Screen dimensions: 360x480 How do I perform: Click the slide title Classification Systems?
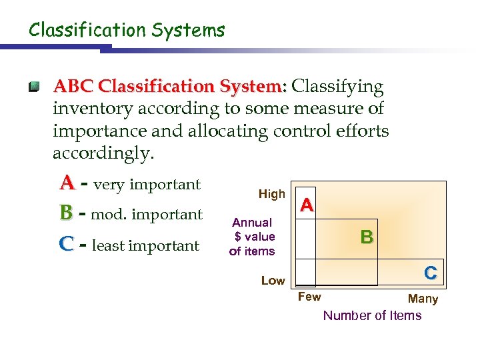(127, 30)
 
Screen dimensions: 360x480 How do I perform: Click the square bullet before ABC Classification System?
(34, 87)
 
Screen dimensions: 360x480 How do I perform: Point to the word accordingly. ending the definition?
(103, 153)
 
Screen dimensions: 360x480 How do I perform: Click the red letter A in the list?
(67, 183)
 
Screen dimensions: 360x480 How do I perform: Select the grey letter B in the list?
(66, 213)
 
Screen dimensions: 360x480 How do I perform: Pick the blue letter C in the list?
(66, 245)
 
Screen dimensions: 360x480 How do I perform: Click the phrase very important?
(147, 185)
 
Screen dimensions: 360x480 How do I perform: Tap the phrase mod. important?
(147, 215)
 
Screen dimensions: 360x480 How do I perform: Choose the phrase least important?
(145, 246)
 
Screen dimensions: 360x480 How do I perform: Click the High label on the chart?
(271, 194)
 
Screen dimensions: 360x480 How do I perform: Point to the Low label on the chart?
(273, 281)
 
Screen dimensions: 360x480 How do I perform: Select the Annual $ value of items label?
(252, 237)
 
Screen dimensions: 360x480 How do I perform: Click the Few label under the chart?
(309, 297)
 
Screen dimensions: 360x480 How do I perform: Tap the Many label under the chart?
(423, 299)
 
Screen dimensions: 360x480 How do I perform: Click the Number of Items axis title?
(372, 315)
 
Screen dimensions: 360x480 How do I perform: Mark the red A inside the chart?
(307, 205)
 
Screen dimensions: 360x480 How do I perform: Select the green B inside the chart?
(367, 237)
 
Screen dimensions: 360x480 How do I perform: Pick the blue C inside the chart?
(431, 273)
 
